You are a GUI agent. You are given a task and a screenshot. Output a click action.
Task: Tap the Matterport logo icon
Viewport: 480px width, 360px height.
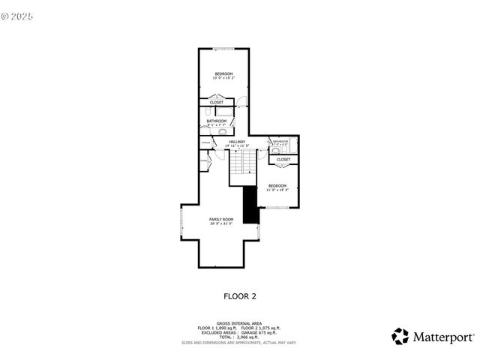coord(400,337)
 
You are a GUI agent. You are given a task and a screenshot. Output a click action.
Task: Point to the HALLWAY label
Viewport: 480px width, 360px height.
coord(237,142)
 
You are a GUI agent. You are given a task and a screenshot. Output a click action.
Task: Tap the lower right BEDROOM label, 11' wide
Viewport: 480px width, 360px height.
coord(277,187)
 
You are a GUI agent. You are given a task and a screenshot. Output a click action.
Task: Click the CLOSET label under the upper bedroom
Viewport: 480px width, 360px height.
coord(216,103)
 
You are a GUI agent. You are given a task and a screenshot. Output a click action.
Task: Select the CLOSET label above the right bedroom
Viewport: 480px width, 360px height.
coord(283,160)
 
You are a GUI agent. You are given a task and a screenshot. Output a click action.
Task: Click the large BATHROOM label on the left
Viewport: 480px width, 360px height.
coord(217,121)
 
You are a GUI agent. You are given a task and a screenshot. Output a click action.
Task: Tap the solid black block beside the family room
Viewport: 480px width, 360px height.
coord(251,205)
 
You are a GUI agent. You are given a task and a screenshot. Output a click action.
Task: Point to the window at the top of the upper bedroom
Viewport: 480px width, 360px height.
coord(223,49)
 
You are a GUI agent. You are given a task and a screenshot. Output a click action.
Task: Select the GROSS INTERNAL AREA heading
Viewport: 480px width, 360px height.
coord(240,323)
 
